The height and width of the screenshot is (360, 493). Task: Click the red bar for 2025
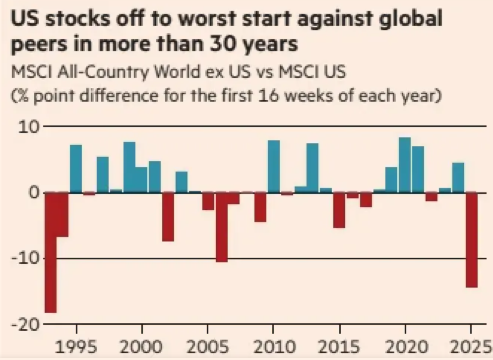471,240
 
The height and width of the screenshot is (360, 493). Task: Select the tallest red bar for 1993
51,252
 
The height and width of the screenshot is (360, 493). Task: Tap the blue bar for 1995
76,169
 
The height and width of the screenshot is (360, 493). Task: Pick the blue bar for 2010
274,167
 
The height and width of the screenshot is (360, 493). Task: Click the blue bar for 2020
405,165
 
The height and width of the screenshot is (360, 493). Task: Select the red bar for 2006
221,227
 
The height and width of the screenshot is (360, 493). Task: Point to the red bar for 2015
339,210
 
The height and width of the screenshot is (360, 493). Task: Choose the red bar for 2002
168,216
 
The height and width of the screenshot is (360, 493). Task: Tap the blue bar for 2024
458,178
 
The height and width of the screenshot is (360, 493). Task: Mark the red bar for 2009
260,207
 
